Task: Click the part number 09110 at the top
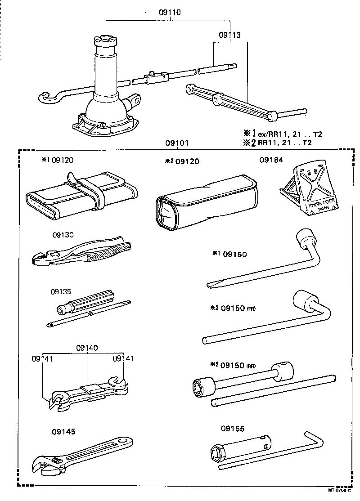tap(170, 13)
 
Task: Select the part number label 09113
tap(229, 35)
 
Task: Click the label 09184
tap(270, 160)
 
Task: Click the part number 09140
tap(87, 348)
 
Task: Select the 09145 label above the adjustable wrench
tap(63, 431)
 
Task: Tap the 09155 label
tap(233, 429)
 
